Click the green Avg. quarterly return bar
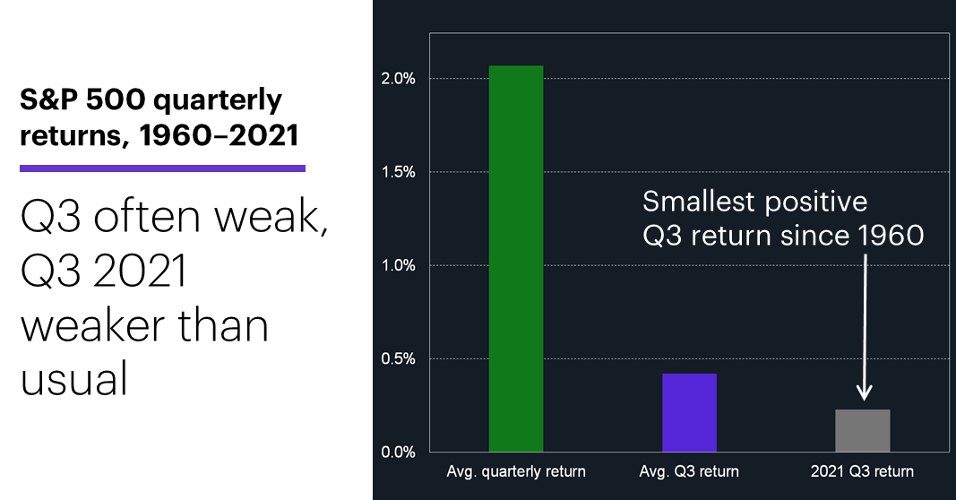(516, 259)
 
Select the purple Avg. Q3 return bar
(690, 413)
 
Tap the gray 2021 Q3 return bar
(863, 430)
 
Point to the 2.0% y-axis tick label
(398, 79)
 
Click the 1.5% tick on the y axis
(398, 172)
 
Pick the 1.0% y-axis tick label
(398, 265)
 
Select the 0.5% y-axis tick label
(398, 358)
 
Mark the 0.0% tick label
(398, 452)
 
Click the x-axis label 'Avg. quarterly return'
(516, 471)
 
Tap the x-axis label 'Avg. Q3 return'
(689, 471)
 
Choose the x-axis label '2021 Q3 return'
(862, 471)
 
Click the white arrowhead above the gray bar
(864, 392)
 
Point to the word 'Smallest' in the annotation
(698, 202)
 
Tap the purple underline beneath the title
(162, 168)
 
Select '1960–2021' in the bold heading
(219, 134)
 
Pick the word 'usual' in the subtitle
(74, 378)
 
